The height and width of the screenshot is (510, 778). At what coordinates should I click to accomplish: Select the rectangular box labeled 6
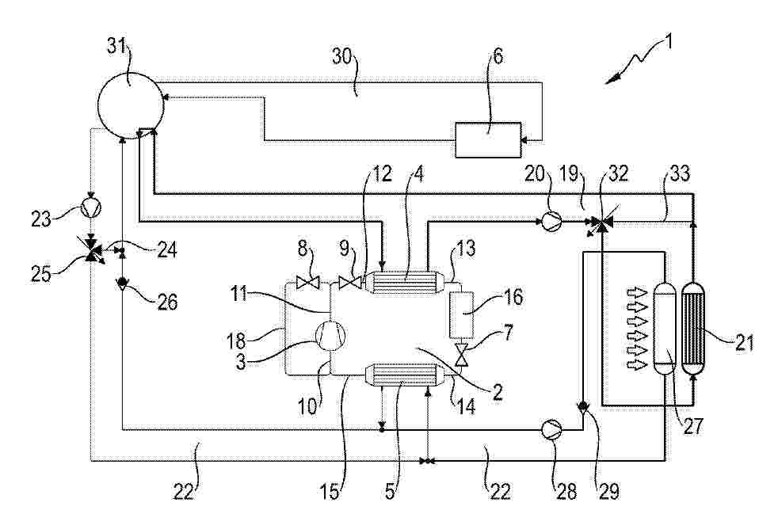click(x=488, y=140)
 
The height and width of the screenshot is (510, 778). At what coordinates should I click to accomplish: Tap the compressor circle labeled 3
click(x=330, y=336)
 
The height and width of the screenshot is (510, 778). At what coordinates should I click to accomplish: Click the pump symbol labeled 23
click(x=91, y=207)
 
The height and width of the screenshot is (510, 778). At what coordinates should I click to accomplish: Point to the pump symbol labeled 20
click(x=551, y=221)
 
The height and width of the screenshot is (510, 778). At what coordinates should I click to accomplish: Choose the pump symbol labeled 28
click(x=551, y=430)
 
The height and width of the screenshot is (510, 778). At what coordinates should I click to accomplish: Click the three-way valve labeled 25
click(x=91, y=250)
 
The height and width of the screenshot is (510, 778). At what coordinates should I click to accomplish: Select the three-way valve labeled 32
click(x=601, y=223)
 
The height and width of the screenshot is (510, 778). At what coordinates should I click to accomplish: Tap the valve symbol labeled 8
click(x=307, y=284)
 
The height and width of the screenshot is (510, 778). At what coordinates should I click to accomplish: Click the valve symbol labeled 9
click(x=350, y=284)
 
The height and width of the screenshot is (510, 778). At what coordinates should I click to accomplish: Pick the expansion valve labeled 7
click(x=462, y=356)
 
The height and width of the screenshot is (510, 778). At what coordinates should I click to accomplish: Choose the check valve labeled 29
click(x=582, y=407)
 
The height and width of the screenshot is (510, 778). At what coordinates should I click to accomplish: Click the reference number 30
click(x=342, y=56)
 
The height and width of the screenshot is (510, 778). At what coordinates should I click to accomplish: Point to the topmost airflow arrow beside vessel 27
click(x=638, y=293)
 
